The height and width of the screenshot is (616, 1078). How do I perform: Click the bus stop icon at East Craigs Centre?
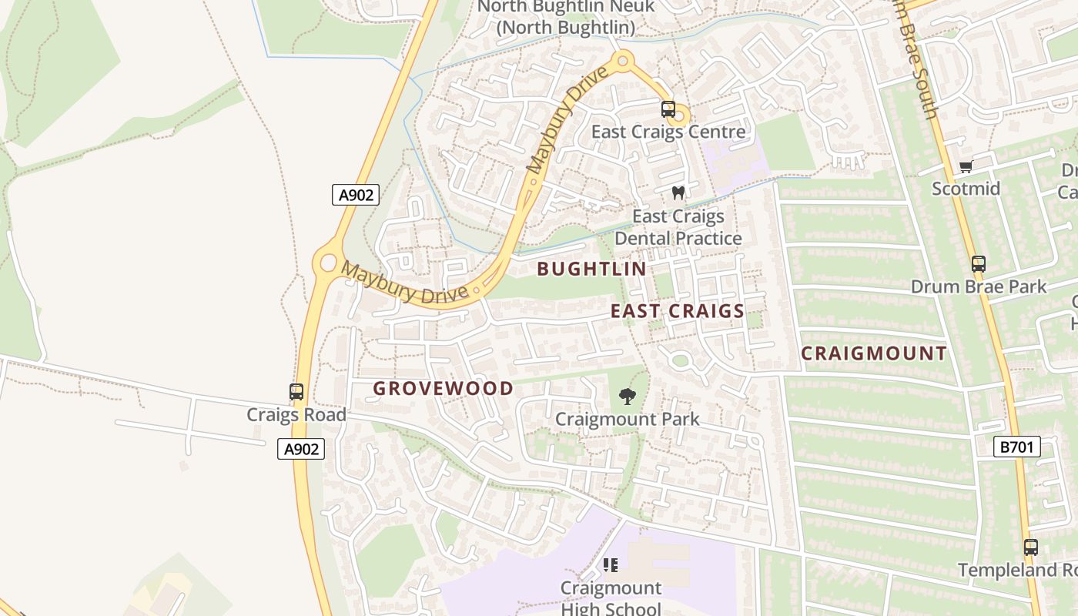click(668, 109)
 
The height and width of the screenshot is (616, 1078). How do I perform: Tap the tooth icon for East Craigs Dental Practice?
click(678, 192)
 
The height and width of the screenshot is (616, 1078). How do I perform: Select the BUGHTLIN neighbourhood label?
click(591, 269)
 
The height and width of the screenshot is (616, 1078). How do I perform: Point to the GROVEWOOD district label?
click(443, 388)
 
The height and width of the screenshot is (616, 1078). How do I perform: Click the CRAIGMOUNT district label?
click(874, 353)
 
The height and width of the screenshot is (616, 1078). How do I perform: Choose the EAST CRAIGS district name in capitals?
click(678, 311)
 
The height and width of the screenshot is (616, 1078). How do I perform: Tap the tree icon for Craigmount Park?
click(628, 397)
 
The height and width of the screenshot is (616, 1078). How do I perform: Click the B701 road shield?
click(1016, 447)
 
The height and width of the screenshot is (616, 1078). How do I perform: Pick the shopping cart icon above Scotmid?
click(966, 167)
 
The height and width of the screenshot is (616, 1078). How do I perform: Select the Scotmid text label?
click(966, 189)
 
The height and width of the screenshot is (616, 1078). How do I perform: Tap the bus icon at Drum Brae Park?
click(979, 264)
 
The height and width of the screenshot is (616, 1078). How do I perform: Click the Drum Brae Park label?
click(979, 286)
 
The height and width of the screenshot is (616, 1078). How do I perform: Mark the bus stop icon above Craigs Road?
click(296, 392)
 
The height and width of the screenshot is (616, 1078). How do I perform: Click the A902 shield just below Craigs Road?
click(301, 449)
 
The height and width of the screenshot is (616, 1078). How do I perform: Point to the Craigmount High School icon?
click(611, 565)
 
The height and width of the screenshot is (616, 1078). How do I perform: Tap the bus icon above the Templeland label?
click(1031, 547)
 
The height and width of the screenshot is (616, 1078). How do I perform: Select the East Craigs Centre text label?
click(668, 132)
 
